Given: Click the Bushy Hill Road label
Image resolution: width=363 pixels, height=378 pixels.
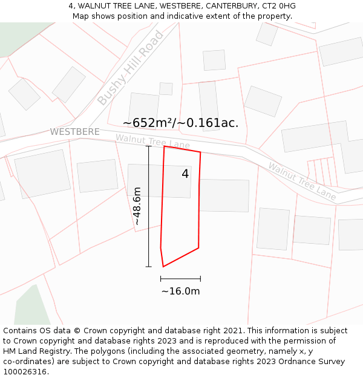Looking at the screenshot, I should click(x=131, y=68).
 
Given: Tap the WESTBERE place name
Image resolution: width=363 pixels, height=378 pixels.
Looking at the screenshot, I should click(x=75, y=132).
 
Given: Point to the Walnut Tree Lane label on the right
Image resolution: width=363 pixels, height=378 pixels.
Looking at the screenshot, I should click(x=302, y=181).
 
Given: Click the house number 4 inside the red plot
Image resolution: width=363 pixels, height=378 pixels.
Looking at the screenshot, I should click(x=185, y=174).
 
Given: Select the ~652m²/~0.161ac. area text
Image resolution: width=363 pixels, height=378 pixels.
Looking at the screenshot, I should click(x=180, y=123).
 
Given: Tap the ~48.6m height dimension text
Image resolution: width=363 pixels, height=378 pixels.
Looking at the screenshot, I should click(x=137, y=206).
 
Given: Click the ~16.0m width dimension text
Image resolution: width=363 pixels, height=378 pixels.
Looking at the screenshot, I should click(x=180, y=291).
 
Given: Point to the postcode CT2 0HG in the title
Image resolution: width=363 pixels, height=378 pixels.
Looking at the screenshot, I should click(x=277, y=5).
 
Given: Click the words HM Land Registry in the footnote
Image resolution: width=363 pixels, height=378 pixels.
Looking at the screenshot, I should click(x=31, y=351).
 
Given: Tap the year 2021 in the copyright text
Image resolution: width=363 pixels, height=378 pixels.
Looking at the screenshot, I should click(x=233, y=331).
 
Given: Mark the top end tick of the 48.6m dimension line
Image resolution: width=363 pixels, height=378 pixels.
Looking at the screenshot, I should click(x=149, y=146).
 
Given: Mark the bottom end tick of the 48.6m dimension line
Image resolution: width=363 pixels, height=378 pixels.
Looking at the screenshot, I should click(x=149, y=267).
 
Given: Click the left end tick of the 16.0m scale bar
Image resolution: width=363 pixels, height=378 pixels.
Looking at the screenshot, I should click(x=161, y=278).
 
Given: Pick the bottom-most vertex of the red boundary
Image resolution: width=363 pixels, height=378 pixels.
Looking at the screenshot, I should click(x=163, y=267).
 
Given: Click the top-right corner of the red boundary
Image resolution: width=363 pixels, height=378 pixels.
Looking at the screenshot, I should click(x=200, y=152).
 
